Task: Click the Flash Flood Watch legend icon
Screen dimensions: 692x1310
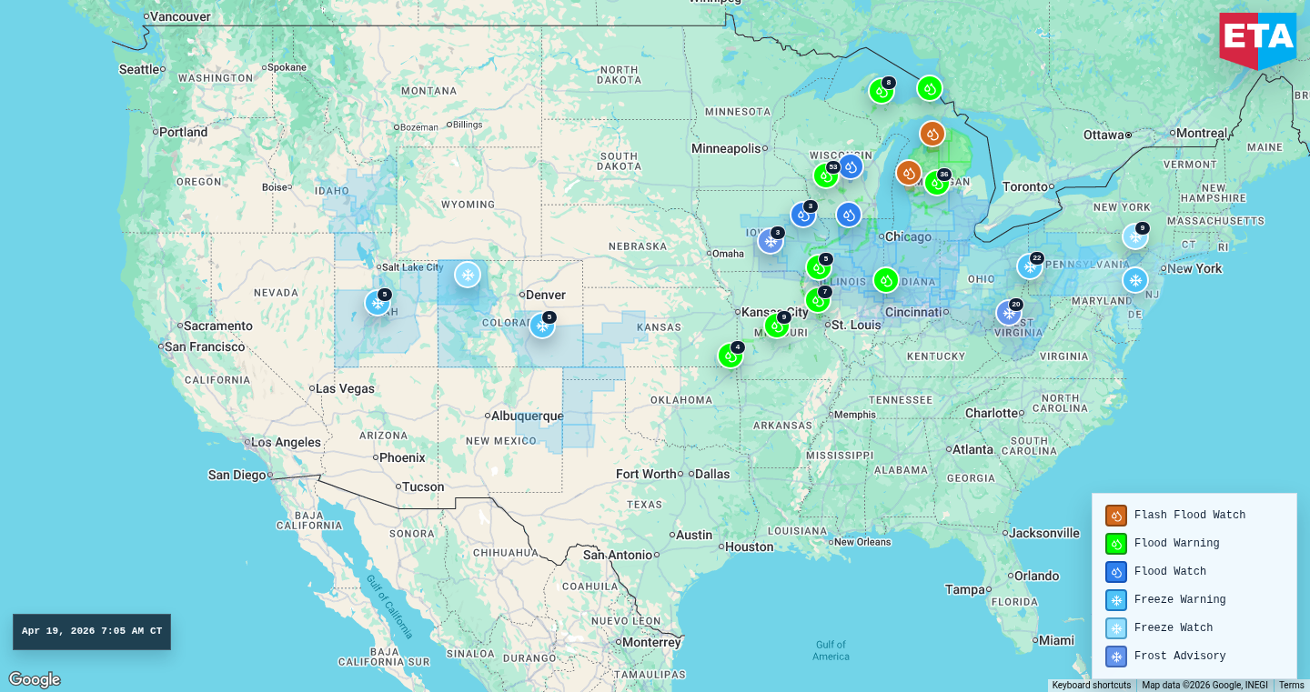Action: tap(1116, 516)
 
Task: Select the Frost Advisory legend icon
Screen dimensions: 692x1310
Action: tap(1116, 657)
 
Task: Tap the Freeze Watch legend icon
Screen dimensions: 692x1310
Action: tap(1116, 628)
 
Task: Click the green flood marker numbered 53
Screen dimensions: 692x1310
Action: tap(825, 176)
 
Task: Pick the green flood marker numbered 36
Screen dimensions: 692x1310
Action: tap(936, 183)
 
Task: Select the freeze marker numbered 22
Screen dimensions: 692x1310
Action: tap(1029, 266)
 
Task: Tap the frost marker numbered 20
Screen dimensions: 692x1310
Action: tap(1008, 313)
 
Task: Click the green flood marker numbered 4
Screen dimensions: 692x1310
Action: tap(730, 356)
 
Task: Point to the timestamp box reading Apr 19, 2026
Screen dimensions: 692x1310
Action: tap(92, 632)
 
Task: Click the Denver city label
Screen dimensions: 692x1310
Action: tap(546, 295)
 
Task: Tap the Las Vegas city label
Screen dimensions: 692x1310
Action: tap(345, 388)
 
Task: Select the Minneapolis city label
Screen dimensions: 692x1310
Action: tap(726, 148)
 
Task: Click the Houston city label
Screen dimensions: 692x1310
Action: tap(749, 547)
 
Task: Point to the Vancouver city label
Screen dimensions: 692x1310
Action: tap(180, 16)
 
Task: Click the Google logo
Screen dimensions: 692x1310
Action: tap(35, 679)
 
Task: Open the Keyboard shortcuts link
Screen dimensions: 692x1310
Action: tap(1092, 686)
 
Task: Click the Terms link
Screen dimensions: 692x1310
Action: tap(1291, 686)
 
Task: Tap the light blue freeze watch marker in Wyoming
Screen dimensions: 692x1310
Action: tap(468, 275)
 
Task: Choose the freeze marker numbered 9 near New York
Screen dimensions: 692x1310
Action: tap(1134, 236)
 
